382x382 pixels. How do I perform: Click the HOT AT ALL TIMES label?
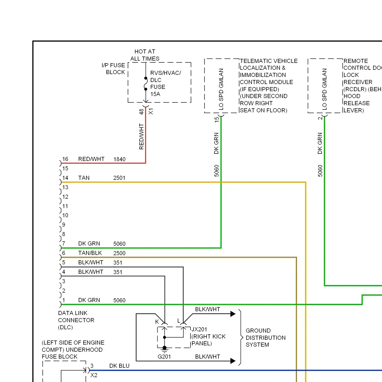pos(145,55)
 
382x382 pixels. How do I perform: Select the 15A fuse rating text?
pos(155,94)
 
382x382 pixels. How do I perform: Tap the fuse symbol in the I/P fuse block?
pos(146,84)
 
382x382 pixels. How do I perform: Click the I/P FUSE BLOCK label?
pos(113,69)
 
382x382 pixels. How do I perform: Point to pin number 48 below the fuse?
pos(141,112)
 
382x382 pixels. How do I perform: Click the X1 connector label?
pos(151,112)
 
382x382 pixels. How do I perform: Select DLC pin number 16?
pos(65,159)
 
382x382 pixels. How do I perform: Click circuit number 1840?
pos(119,159)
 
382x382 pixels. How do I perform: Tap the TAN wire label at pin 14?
pos(84,178)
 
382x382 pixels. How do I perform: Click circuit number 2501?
pos(119,178)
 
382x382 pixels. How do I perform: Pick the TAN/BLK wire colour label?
pos(90,253)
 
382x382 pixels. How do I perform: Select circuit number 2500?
pos(119,253)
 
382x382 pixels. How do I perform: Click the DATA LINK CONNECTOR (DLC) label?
pos(76,320)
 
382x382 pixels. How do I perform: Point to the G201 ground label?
pos(164,357)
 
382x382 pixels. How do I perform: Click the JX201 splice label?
pos(199,330)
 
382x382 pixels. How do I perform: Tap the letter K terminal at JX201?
pos(157,322)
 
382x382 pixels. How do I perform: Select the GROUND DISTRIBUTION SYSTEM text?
pos(265,338)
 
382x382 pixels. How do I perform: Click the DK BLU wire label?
pos(119,366)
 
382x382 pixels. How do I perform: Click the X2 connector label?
pos(94,375)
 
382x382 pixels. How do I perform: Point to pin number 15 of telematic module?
pos(216,119)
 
